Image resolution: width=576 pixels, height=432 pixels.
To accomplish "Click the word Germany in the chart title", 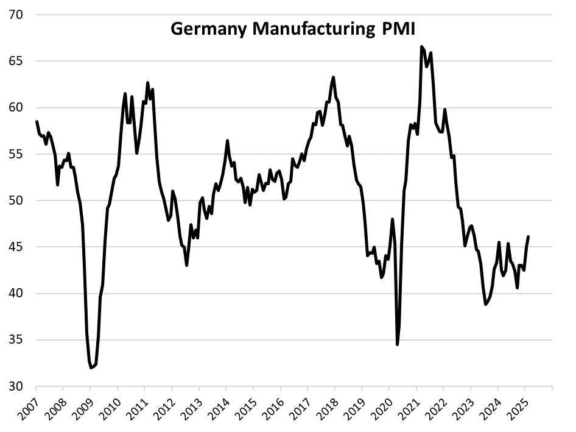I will pyautogui.click(x=205, y=30).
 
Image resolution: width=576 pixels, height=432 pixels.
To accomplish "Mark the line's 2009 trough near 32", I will pyautogui.click(x=91, y=367).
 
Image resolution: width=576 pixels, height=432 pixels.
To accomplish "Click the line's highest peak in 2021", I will pyautogui.click(x=421, y=46).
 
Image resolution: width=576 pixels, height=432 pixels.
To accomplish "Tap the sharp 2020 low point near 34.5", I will pyautogui.click(x=398, y=344).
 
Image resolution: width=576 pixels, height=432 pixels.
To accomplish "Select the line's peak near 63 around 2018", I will pyautogui.click(x=334, y=77).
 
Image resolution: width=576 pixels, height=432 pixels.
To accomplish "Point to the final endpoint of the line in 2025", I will pyautogui.click(x=528, y=236).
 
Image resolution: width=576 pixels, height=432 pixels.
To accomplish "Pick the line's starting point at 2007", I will pyautogui.click(x=37, y=122).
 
